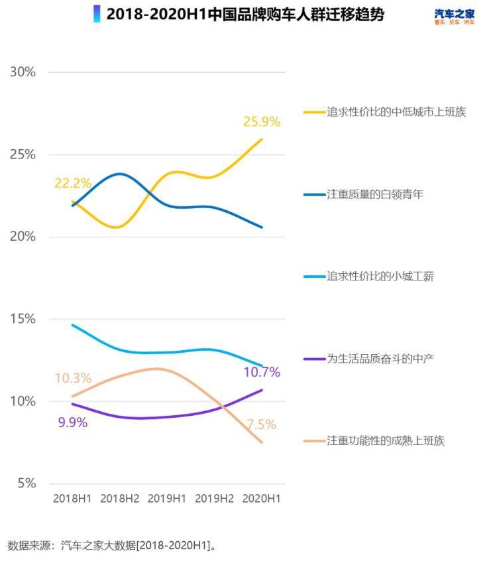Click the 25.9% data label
(x=262, y=122)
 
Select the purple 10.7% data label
(x=262, y=372)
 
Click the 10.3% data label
(x=73, y=379)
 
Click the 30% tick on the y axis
(x=23, y=72)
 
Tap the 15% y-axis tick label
(x=23, y=319)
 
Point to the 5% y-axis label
(x=26, y=483)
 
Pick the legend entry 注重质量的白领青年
(x=374, y=194)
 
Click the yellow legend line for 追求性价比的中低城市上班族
(x=313, y=112)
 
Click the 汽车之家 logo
(x=455, y=17)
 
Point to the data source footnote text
(x=113, y=546)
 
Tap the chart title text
(x=245, y=14)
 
